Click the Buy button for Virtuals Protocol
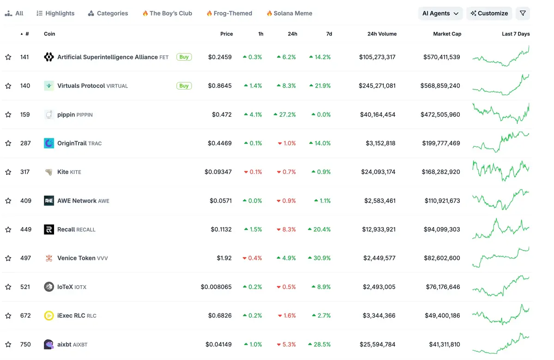coord(184,86)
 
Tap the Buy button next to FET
coord(184,57)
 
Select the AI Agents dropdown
coord(440,13)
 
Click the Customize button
coord(489,13)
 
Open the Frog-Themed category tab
coord(229,13)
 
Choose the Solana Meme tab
coord(289,13)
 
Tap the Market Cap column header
coord(447,34)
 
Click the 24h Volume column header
coord(382,34)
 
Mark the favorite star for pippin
coord(8,114)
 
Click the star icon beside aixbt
coord(8,344)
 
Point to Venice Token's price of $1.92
coord(224,258)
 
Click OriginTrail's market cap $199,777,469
coord(441,143)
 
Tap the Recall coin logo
coord(49,229)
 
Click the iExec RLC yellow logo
coord(49,316)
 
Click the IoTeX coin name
coord(65,287)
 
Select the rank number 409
coord(26,201)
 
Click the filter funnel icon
coord(523,13)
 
